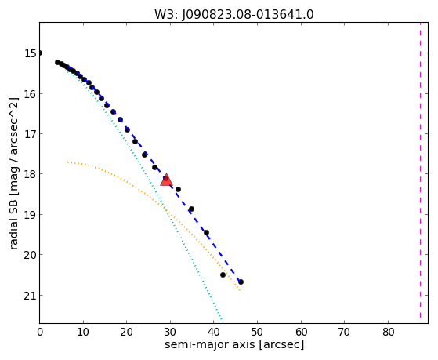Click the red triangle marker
(166, 180)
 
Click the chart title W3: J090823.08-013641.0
(234, 15)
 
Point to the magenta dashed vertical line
(420, 170)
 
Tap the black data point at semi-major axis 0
(40, 53)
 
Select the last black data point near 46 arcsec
(241, 282)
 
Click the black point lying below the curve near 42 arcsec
(223, 275)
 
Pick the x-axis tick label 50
(257, 332)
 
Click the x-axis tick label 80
(388, 332)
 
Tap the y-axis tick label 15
(31, 53)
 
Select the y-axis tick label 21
(31, 296)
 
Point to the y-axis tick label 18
(31, 174)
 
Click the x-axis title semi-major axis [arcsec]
(234, 344)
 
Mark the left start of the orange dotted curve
(68, 162)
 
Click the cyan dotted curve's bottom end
(222, 322)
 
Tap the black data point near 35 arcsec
(191, 209)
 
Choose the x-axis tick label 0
(40, 332)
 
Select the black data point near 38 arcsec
(206, 232)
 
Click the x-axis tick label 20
(126, 332)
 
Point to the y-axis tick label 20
(31, 255)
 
